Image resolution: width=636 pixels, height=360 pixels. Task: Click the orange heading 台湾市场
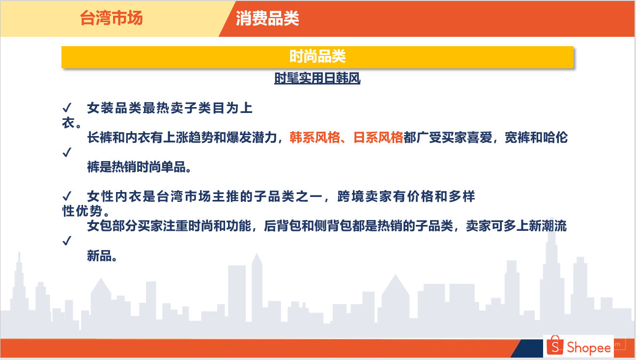(111, 18)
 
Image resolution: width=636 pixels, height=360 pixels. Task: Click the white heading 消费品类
(267, 19)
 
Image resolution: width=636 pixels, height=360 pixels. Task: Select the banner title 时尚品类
(317, 56)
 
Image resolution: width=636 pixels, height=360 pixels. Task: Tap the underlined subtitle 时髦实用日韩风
(317, 78)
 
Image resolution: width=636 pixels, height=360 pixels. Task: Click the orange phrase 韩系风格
(315, 138)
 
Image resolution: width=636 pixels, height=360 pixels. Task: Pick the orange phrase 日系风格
(378, 138)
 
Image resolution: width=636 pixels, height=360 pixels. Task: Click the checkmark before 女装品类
(67, 108)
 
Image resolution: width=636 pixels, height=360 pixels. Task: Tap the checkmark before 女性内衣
(67, 196)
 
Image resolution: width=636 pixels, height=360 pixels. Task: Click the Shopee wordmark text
(588, 348)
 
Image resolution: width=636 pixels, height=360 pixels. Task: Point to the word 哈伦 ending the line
(555, 138)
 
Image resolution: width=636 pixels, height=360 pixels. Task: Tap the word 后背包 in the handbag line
(283, 226)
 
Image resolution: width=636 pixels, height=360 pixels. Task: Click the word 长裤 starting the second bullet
(99, 138)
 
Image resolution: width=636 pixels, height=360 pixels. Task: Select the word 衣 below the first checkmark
(68, 123)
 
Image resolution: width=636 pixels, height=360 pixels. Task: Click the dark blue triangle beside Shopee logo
(527, 348)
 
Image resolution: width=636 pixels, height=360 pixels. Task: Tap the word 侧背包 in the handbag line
(333, 226)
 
